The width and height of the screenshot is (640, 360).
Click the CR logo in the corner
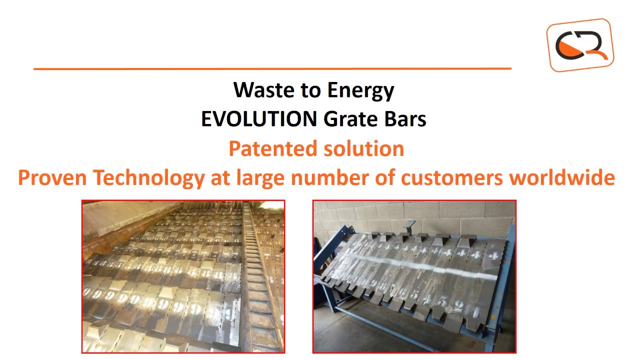tap(580, 45)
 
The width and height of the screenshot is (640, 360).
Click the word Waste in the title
tap(260, 90)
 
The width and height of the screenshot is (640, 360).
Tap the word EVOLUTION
tap(259, 119)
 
